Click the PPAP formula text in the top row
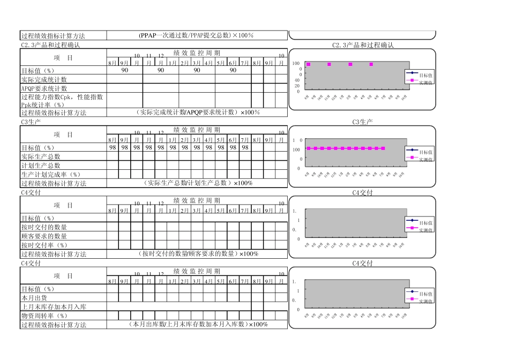tap(196, 35)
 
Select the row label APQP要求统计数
tap(44, 88)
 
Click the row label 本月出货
tap(33, 298)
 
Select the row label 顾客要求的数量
tap(44, 236)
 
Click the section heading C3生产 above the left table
tap(32, 122)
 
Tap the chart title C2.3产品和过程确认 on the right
tap(363, 46)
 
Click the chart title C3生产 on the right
tap(363, 122)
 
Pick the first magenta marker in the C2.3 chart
tap(308, 64)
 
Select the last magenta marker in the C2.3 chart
tap(371, 64)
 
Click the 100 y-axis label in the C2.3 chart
tap(296, 64)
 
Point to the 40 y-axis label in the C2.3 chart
tap(297, 80)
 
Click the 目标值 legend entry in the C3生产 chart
tap(425, 152)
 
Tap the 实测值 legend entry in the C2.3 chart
tap(425, 82)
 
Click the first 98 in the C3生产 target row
tap(113, 147)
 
